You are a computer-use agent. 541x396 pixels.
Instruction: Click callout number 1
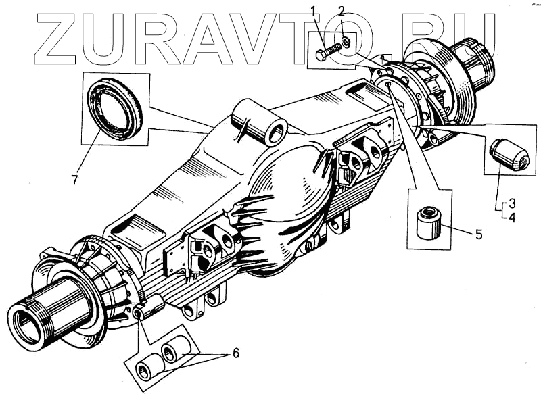coord(313,9)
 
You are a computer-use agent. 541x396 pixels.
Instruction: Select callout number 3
coord(513,203)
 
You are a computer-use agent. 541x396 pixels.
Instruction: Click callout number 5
coord(478,235)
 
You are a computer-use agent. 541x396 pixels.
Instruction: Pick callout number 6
coord(235,353)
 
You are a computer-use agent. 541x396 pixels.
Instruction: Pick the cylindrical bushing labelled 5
coord(428,223)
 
